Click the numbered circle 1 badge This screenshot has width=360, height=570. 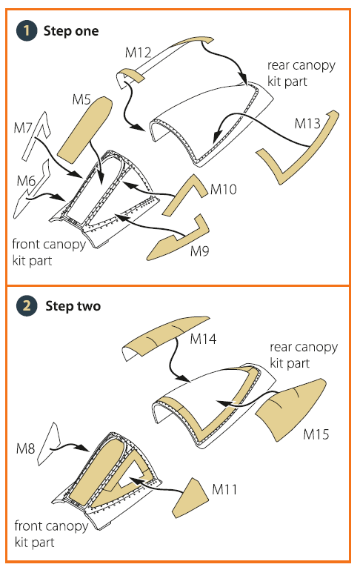[27, 30]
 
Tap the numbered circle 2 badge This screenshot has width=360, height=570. [27, 305]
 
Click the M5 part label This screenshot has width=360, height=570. [81, 99]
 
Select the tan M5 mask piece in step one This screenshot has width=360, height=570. [85, 129]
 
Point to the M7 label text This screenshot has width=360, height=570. [23, 127]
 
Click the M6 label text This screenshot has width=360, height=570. [26, 181]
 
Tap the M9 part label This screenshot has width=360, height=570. [199, 251]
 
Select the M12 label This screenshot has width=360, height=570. [138, 53]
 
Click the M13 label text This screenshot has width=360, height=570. [307, 124]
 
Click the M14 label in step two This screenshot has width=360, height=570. [203, 339]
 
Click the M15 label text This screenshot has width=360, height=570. [316, 434]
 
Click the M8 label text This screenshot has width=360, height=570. [25, 448]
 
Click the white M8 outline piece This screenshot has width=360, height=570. [49, 444]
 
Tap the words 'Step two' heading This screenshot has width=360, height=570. [73, 306]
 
